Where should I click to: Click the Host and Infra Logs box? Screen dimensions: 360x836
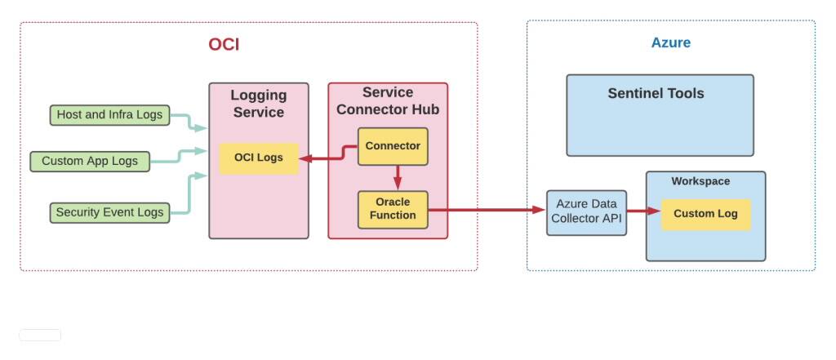(x=109, y=115)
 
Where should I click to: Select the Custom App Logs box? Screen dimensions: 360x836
(x=90, y=161)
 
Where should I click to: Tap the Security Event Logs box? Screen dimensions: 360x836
(x=109, y=212)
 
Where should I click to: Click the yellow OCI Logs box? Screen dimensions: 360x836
(x=259, y=158)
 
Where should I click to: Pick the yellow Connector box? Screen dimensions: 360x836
(x=393, y=146)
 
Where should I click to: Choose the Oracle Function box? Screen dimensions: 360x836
(x=393, y=209)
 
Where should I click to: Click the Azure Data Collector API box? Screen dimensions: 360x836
(x=586, y=211)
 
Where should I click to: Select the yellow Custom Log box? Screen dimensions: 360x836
(x=705, y=214)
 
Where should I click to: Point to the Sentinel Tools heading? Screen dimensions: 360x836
(x=656, y=93)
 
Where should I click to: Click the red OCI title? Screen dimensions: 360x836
(x=224, y=45)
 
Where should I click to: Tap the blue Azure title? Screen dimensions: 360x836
(x=670, y=43)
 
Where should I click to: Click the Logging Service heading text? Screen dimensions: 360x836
(x=258, y=104)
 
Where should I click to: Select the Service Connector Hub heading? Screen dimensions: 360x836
(x=388, y=101)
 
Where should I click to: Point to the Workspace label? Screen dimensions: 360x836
(x=700, y=181)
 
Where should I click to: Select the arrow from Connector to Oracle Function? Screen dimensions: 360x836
(x=398, y=177)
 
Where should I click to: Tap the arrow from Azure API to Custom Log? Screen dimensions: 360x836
(x=643, y=211)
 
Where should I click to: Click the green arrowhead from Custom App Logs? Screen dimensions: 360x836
(x=201, y=151)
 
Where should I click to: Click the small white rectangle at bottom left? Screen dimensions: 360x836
(x=40, y=335)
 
